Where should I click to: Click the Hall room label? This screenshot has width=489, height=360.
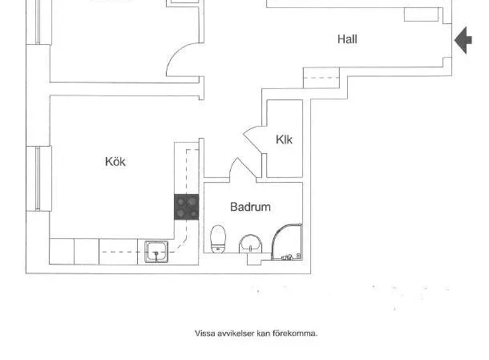coord(347,39)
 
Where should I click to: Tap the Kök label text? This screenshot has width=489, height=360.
coord(115,162)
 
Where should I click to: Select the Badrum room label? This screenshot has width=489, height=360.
coord(250,207)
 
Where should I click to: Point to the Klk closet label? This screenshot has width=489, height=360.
coord(284,140)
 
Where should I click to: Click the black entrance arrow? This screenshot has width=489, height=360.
coord(463,40)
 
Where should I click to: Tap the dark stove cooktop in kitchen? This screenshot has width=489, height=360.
coord(187,207)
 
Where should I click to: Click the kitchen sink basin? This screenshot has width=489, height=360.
coord(156,252)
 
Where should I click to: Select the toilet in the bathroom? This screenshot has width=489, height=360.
coord(218,239)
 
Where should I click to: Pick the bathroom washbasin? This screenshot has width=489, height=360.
coord(250,244)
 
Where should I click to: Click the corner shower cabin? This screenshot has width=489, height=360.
coord(287,242)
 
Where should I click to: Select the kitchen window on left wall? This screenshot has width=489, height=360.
coord(38,178)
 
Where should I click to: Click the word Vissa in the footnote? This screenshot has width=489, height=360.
coord(205,334)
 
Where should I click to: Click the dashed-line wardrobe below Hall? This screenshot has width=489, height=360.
coord(321,78)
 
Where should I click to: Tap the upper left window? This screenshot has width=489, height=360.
coord(38,22)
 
